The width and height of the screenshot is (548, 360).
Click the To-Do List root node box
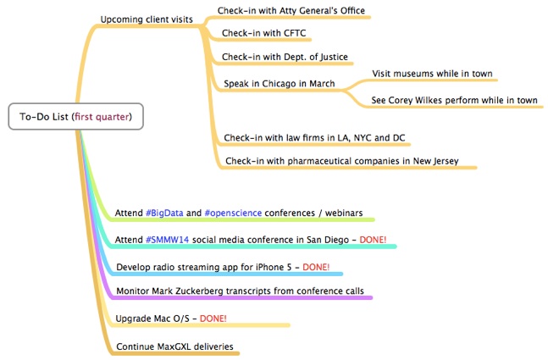pyautogui.click(x=76, y=116)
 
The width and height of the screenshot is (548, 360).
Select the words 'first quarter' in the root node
pyautogui.click(x=102, y=117)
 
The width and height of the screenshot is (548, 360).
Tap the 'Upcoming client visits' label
pyautogui.click(x=147, y=19)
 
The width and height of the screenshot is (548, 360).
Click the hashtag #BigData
pyautogui.click(x=164, y=213)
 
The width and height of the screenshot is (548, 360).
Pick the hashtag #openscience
pyautogui.click(x=233, y=213)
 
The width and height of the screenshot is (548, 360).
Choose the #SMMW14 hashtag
pyautogui.click(x=167, y=240)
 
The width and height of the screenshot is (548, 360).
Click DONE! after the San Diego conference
pyautogui.click(x=373, y=240)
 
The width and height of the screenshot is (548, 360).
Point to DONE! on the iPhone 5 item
pyautogui.click(x=316, y=267)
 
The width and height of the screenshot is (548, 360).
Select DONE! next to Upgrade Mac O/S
pyautogui.click(x=213, y=318)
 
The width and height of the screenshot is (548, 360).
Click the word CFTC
pyautogui.click(x=295, y=33)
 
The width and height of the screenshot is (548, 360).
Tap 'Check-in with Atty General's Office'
pyautogui.click(x=291, y=10)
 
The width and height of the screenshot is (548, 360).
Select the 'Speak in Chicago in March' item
pyautogui.click(x=280, y=84)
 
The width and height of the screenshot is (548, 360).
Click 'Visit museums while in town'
pyautogui.click(x=432, y=74)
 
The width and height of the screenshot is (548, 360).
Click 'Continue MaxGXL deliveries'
pyautogui.click(x=174, y=346)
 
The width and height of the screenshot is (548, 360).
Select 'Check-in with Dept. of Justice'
pyautogui.click(x=285, y=57)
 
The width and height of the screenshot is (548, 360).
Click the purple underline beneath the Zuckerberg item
pyautogui.click(x=241, y=298)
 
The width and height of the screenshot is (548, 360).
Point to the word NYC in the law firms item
pyautogui.click(x=363, y=138)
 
